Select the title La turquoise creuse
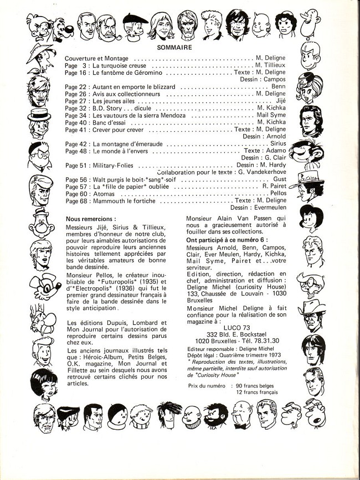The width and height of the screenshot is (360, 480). point(117,65)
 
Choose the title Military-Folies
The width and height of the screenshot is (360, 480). point(114,166)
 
